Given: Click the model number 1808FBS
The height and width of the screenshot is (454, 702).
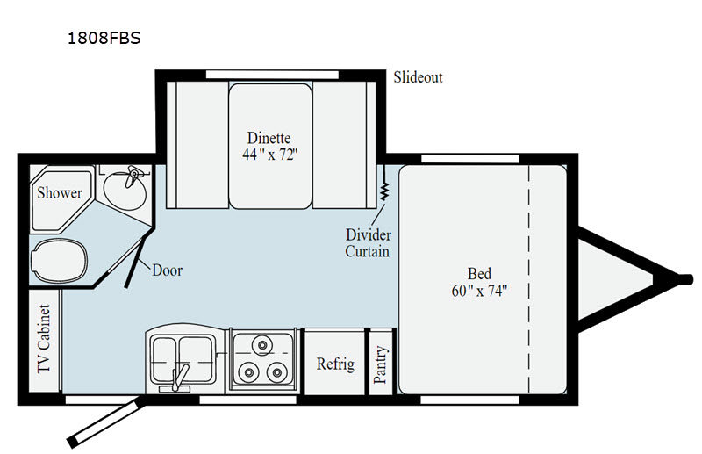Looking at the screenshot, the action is point(104,38).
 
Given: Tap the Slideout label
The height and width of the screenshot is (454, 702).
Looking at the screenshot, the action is point(418,77).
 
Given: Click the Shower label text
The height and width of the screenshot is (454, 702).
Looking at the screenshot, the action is point(60,192).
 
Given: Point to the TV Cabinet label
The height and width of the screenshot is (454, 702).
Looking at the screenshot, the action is point(44,339).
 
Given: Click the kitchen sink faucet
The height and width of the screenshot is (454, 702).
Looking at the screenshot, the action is point(180,378).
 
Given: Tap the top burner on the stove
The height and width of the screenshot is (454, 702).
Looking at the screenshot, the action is point(262,344).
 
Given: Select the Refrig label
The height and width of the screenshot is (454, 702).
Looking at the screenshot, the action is point(335,364).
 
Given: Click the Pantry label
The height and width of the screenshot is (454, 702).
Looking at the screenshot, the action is point(380,364).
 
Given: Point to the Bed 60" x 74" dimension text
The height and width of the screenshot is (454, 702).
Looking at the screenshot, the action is point(479,283).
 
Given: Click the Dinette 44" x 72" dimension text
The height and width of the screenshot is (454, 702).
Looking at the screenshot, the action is point(269,146).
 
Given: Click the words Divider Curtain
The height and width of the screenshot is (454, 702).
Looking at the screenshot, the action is point(368,243).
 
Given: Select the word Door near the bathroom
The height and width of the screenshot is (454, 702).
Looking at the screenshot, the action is point(167,270).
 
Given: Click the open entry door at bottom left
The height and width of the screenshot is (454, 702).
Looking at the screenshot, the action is point(105,423).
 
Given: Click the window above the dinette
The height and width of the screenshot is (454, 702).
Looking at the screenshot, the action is point(272,75).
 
